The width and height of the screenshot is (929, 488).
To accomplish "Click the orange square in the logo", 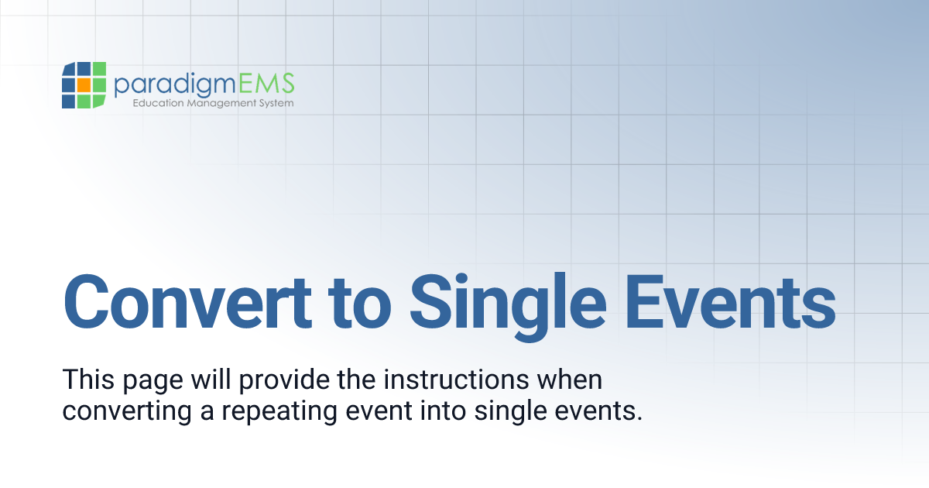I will (83, 84).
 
